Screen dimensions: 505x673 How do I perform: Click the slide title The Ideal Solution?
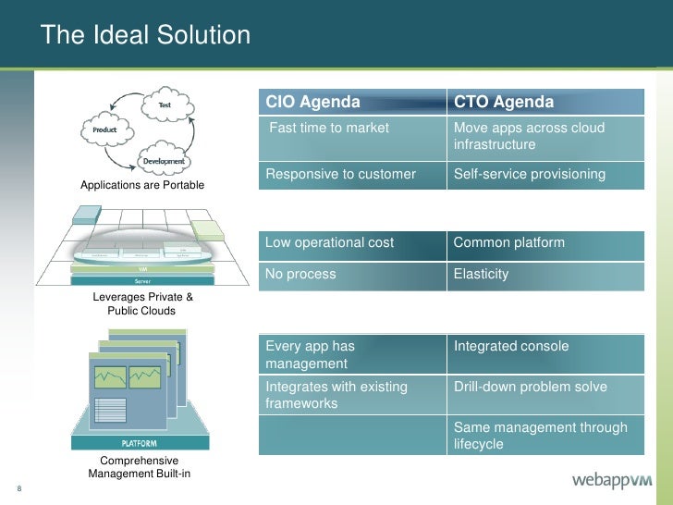click(x=146, y=36)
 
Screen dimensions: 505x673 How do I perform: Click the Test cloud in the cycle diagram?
click(x=165, y=105)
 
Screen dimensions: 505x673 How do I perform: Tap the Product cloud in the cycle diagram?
click(x=104, y=130)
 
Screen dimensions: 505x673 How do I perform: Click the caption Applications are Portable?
click(x=142, y=187)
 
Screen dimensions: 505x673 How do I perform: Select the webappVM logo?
click(x=612, y=480)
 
